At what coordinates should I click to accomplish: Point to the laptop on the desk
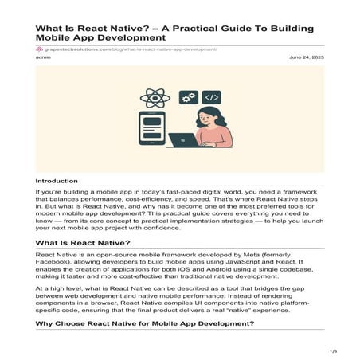184,139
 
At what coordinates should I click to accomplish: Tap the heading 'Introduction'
57,181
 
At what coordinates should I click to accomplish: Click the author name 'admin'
44,57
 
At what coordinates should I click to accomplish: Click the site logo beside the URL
39,49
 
